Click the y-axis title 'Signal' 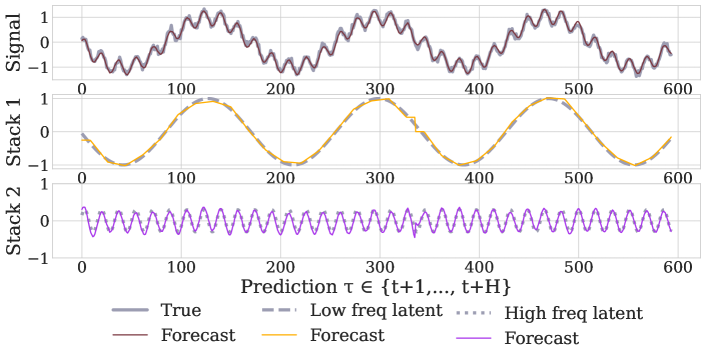(15, 43)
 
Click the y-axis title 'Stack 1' (15, 130)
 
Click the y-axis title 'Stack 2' (15, 220)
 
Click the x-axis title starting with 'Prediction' (376, 286)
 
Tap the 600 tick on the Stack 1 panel (675, 178)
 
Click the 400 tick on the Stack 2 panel (476, 268)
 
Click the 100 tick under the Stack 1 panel (179, 178)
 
